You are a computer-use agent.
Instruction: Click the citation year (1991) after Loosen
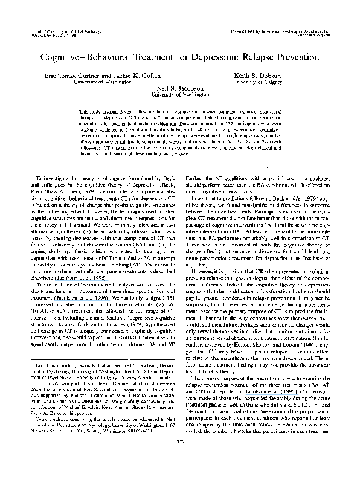point(300,344)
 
